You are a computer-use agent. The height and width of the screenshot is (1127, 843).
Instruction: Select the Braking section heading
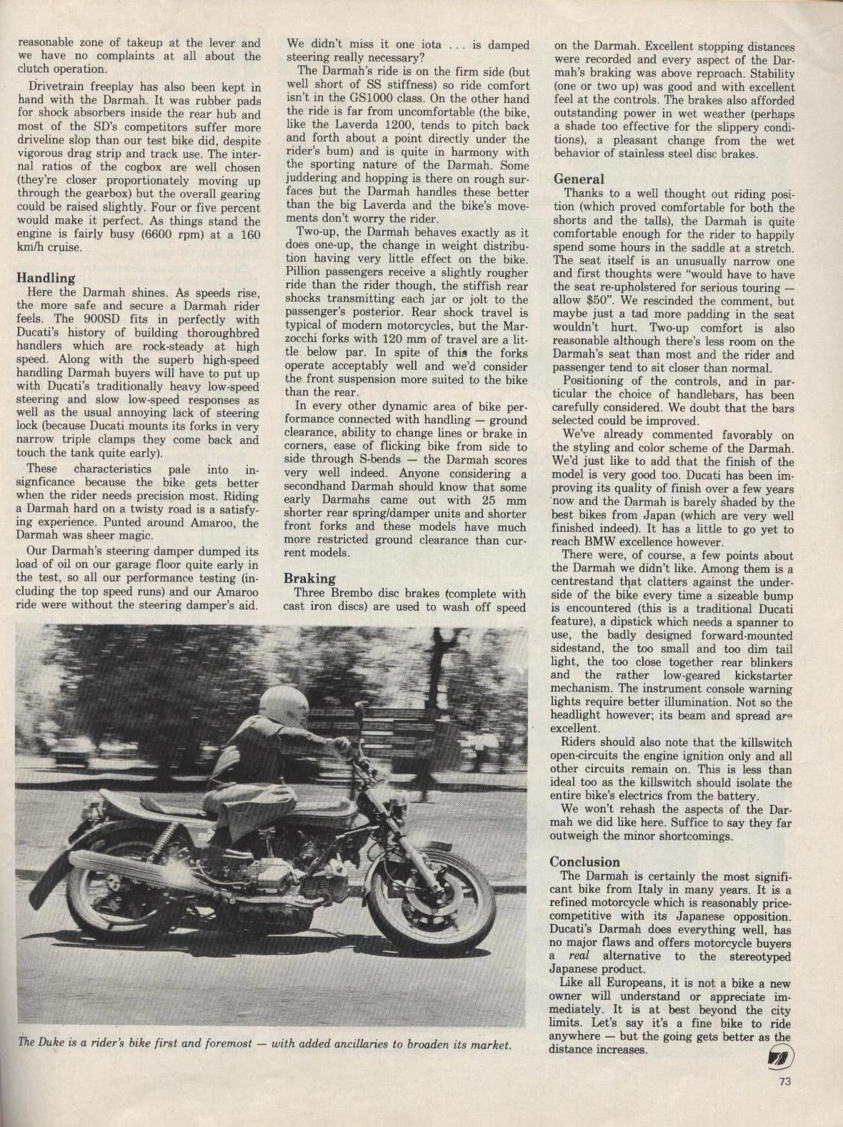coord(309,579)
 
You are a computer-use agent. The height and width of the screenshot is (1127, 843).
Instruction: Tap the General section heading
coord(579,179)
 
